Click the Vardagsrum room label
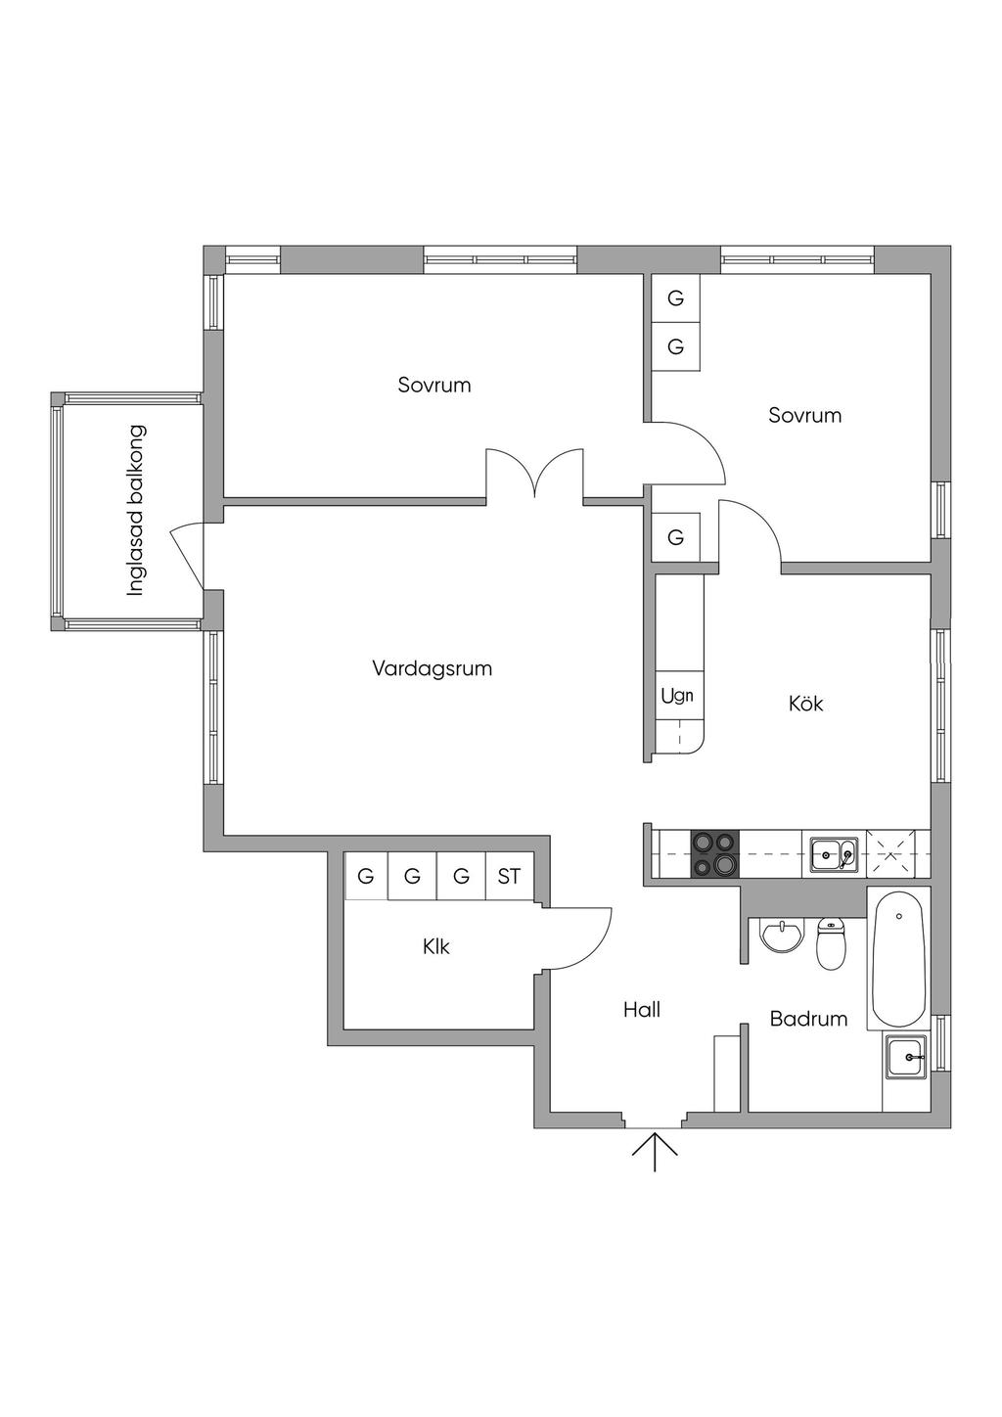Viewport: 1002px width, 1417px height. click(432, 669)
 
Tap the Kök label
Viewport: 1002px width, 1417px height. click(805, 704)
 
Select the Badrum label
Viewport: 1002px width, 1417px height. click(808, 1019)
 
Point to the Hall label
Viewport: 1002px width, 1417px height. click(642, 1010)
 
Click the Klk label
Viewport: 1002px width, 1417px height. click(436, 946)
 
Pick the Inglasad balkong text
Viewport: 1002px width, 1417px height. click(136, 510)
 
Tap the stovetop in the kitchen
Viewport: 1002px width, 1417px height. click(714, 853)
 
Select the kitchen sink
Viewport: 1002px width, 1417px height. click(834, 853)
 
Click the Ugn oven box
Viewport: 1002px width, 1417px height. click(677, 696)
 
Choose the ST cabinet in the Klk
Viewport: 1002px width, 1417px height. click(509, 876)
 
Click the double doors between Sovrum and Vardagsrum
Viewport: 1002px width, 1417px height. click(535, 474)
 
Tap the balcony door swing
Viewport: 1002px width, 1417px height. click(187, 556)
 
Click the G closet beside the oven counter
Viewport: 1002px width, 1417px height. click(675, 537)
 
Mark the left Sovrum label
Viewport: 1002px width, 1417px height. click(434, 385)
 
